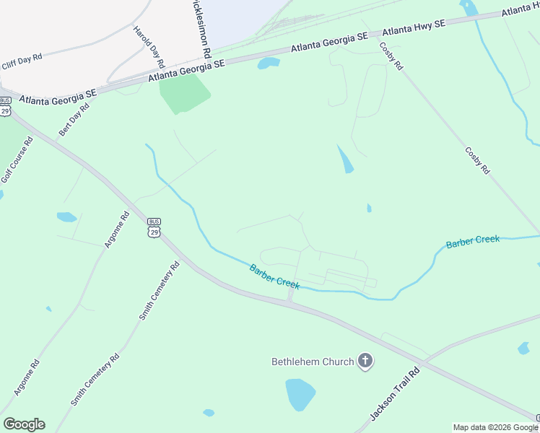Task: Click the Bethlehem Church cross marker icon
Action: click(365, 361)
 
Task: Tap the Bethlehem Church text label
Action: click(313, 362)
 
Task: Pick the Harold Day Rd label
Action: click(149, 48)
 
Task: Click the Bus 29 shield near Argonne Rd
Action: click(153, 228)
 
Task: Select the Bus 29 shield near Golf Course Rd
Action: click(6, 106)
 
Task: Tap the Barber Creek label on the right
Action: click(472, 242)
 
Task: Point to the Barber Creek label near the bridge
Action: click(274, 277)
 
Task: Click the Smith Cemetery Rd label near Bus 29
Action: click(160, 291)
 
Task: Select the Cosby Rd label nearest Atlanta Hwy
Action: click(391, 56)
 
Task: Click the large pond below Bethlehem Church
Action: click(300, 395)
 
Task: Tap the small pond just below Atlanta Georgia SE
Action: click(269, 63)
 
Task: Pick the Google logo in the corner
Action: click(24, 424)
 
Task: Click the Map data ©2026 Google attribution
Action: click(495, 427)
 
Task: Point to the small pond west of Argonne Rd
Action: click(66, 216)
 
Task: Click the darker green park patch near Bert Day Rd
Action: click(184, 93)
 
